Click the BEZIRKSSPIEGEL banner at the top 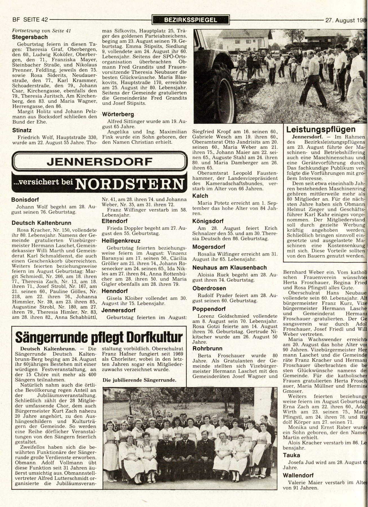click(x=190, y=20)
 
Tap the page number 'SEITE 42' click(x=36, y=20)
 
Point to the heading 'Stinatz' click(x=22, y=130)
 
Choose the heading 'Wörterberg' click(x=118, y=115)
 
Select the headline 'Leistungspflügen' click(x=321, y=129)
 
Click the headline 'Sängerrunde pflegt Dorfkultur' click(x=99, y=337)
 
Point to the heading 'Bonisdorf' click(x=25, y=200)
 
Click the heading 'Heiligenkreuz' click(x=121, y=241)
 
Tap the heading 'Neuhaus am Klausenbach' click(x=229, y=267)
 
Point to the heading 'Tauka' click(x=292, y=447)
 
